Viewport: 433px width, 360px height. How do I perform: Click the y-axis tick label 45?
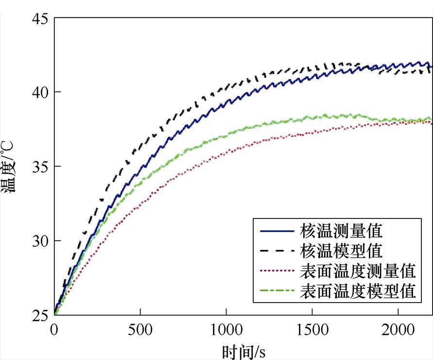click(41, 18)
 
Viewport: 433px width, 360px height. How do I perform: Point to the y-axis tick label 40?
click(41, 92)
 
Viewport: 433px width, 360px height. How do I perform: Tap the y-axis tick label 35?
click(41, 166)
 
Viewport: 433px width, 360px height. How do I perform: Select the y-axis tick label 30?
click(41, 241)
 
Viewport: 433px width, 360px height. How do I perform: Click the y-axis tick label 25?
click(41, 315)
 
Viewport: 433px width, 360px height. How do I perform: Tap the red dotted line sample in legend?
click(277, 270)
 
